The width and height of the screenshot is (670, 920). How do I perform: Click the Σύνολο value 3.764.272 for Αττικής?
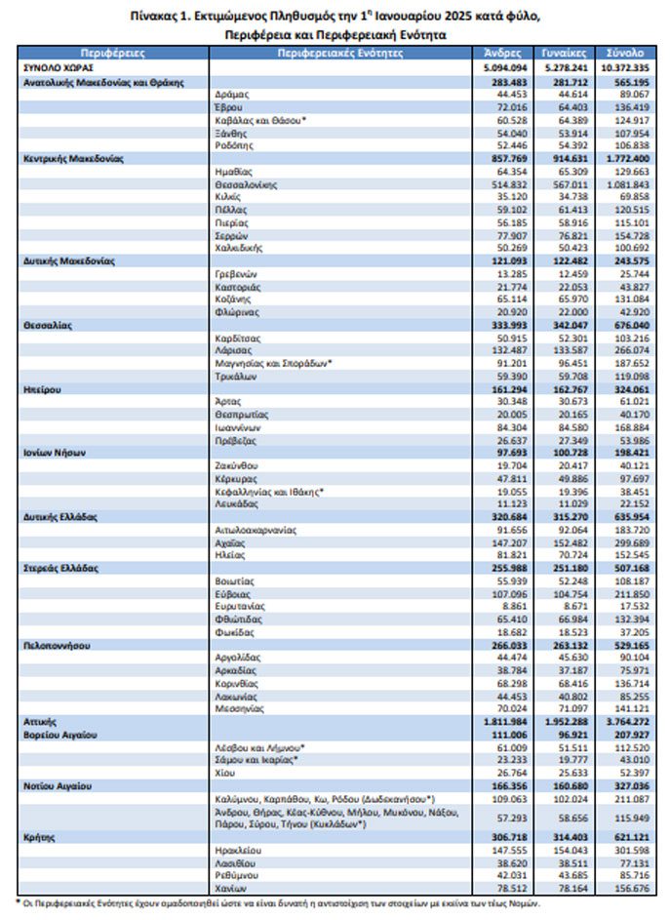(622, 719)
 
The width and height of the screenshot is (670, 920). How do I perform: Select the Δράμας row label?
(230, 95)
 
